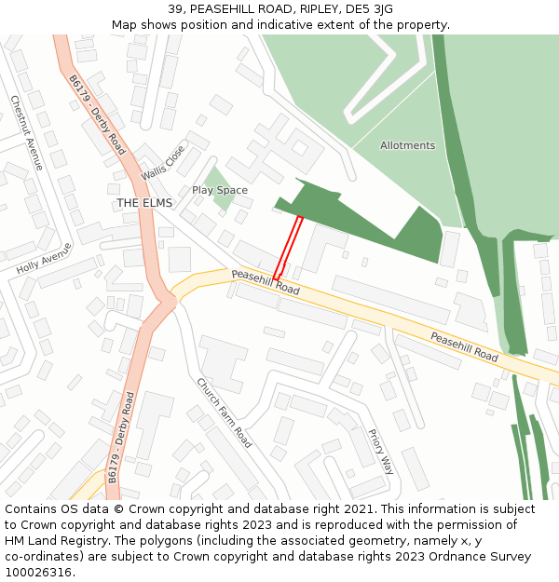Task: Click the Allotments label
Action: [x=407, y=145]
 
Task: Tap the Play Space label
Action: [x=220, y=190]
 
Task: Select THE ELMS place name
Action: [x=143, y=203]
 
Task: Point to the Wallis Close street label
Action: [x=163, y=162]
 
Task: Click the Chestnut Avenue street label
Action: [x=27, y=132]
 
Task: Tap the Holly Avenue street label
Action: [x=44, y=258]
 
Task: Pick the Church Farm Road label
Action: [x=224, y=412]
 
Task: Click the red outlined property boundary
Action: [x=288, y=247]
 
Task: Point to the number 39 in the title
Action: [x=177, y=9]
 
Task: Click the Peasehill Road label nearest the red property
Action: [x=266, y=282]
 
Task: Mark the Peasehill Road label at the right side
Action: [x=464, y=345]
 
